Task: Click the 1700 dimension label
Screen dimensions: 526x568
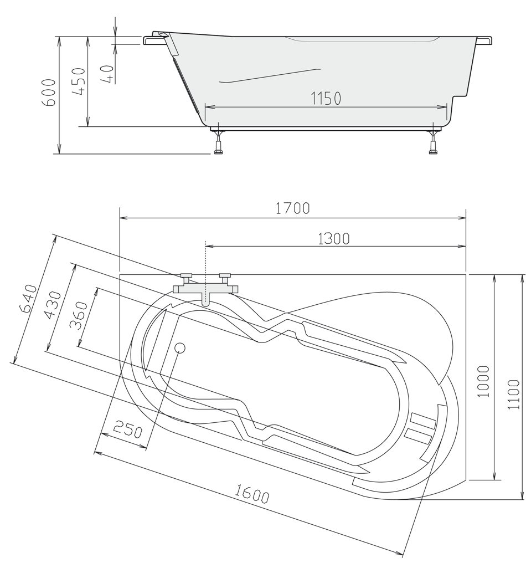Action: pos(292,208)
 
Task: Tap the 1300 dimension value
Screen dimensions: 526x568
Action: pos(334,239)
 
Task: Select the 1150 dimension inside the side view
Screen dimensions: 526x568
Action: pos(326,98)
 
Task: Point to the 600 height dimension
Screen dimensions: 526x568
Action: pos(49,93)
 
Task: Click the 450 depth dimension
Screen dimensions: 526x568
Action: pos(79,81)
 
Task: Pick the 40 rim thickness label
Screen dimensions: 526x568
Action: pos(108,74)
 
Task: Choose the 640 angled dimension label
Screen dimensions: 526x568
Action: pos(28,299)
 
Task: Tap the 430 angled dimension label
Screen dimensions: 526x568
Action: pos(54,305)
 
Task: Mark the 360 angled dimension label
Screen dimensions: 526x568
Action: pos(79,315)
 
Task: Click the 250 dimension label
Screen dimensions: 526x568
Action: pos(128,429)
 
